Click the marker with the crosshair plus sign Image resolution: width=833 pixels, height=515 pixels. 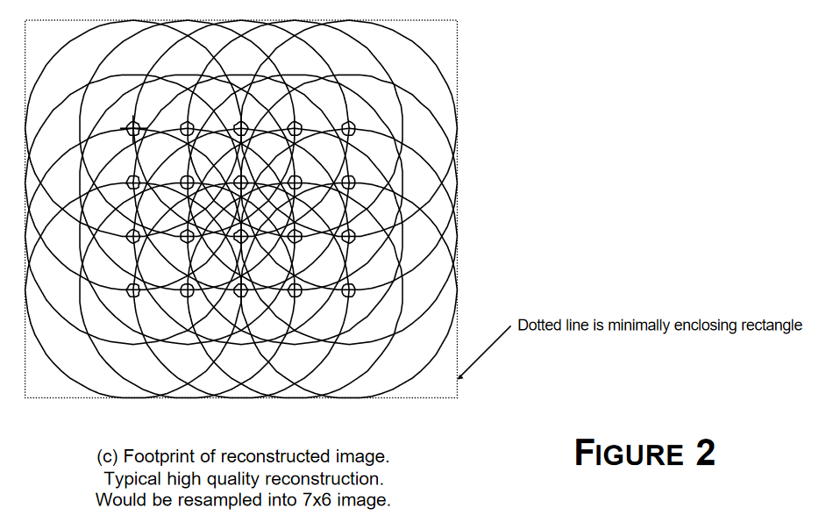(133, 129)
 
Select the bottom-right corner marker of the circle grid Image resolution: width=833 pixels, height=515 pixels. (348, 290)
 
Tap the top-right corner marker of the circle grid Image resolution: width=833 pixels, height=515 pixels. (348, 129)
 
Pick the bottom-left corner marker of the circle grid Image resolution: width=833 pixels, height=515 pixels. (133, 290)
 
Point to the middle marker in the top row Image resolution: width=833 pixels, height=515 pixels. (240, 129)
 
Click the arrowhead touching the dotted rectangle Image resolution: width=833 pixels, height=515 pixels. (460, 376)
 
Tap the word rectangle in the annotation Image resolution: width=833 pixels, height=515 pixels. (772, 325)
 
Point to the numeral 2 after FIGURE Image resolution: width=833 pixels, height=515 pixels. (705, 453)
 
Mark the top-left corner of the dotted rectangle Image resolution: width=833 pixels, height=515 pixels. (25, 20)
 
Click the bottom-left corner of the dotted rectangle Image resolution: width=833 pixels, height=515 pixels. (25, 397)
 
